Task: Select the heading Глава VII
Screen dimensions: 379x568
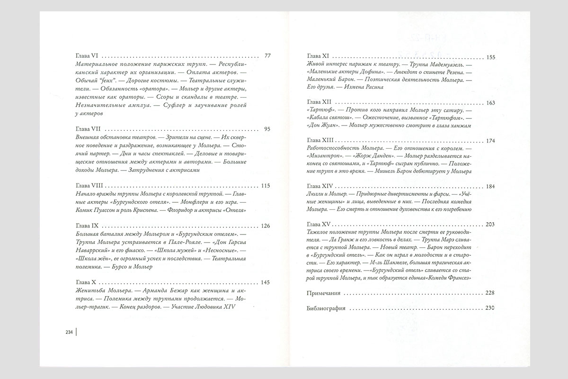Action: click(90, 129)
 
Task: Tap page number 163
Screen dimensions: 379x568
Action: click(490, 102)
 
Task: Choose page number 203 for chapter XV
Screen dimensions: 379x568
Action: click(490, 224)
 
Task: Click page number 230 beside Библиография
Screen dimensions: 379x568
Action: click(490, 308)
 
